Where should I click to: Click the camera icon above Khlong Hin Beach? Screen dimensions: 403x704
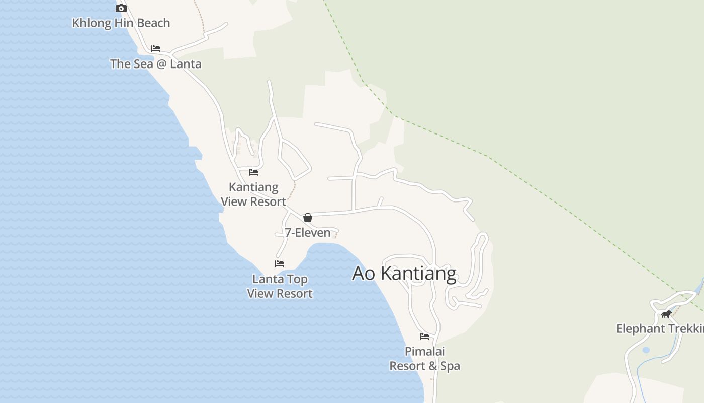pyautogui.click(x=121, y=8)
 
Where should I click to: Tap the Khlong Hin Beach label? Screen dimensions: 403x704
pyautogui.click(x=121, y=23)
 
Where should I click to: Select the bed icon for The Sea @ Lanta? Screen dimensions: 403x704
pyautogui.click(x=156, y=49)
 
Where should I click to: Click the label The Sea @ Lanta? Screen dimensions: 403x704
pyautogui.click(x=156, y=64)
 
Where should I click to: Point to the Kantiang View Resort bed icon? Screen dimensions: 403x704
pyautogui.click(x=253, y=172)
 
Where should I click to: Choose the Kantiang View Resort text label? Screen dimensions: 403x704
pyautogui.click(x=253, y=194)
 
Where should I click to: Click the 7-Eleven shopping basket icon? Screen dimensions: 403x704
pyautogui.click(x=308, y=218)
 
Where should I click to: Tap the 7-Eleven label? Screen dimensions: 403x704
pyautogui.click(x=308, y=233)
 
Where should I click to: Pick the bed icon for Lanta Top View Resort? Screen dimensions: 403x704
pyautogui.click(x=280, y=264)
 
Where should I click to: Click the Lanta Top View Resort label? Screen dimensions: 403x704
pyautogui.click(x=280, y=286)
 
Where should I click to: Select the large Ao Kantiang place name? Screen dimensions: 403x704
pyautogui.click(x=404, y=274)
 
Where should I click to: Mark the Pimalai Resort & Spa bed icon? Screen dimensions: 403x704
pyautogui.click(x=424, y=336)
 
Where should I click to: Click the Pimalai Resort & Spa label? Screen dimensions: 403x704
pyautogui.click(x=425, y=359)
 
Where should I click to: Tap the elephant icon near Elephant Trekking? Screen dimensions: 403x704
pyautogui.click(x=666, y=314)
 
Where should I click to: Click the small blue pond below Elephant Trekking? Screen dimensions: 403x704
pyautogui.click(x=646, y=350)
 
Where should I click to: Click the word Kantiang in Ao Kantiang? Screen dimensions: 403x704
pyautogui.click(x=418, y=274)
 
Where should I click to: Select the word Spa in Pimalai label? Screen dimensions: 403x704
pyautogui.click(x=450, y=366)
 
